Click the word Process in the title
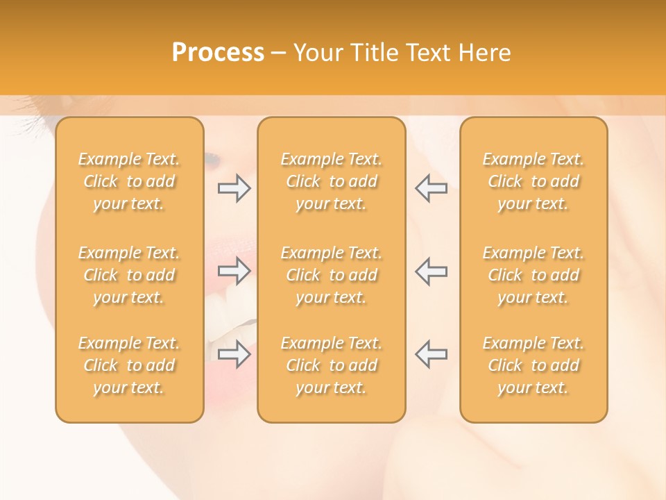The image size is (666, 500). click(x=218, y=53)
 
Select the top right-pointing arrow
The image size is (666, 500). click(x=234, y=188)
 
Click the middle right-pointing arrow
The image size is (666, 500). click(x=234, y=271)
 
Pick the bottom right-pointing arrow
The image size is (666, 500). click(x=234, y=353)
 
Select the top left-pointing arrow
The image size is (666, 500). click(x=431, y=188)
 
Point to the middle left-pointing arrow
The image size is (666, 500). click(x=431, y=271)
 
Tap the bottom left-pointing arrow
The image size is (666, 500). click(x=431, y=353)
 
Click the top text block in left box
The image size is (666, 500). click(x=129, y=181)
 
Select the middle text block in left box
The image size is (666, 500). click(x=129, y=275)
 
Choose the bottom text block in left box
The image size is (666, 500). click(x=129, y=365)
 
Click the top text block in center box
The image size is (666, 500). click(x=331, y=181)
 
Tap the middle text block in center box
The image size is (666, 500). click(x=331, y=275)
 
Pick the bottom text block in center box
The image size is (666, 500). click(x=331, y=365)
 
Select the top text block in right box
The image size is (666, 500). click(x=533, y=181)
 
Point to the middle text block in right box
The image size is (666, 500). click(x=533, y=275)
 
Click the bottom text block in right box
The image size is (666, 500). click(x=533, y=365)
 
